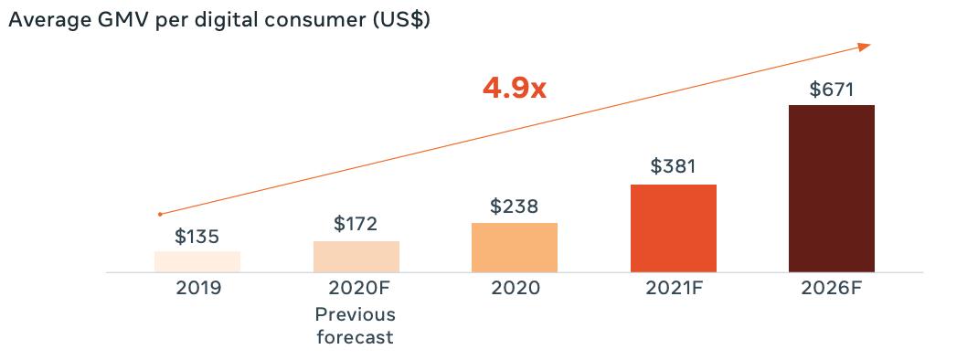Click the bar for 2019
click(197, 262)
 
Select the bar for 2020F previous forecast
click(356, 257)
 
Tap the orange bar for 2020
click(515, 248)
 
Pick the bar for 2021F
click(674, 228)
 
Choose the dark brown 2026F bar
click(832, 188)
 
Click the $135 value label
click(197, 237)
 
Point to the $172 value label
click(356, 224)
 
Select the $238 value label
click(515, 206)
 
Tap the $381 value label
click(673, 166)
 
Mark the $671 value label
click(832, 90)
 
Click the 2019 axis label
click(198, 289)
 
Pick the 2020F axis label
click(356, 289)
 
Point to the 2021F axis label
click(674, 289)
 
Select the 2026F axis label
click(832, 289)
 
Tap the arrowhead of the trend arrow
click(865, 47)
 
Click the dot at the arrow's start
click(160, 214)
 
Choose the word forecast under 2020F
click(356, 337)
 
